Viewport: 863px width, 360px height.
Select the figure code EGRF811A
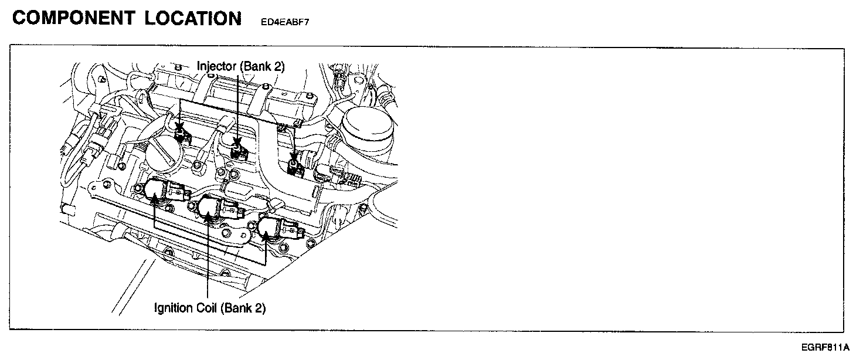[828, 347]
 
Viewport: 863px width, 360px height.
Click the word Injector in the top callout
[216, 66]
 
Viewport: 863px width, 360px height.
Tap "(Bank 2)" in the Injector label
[262, 66]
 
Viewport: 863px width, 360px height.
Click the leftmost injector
[182, 134]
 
